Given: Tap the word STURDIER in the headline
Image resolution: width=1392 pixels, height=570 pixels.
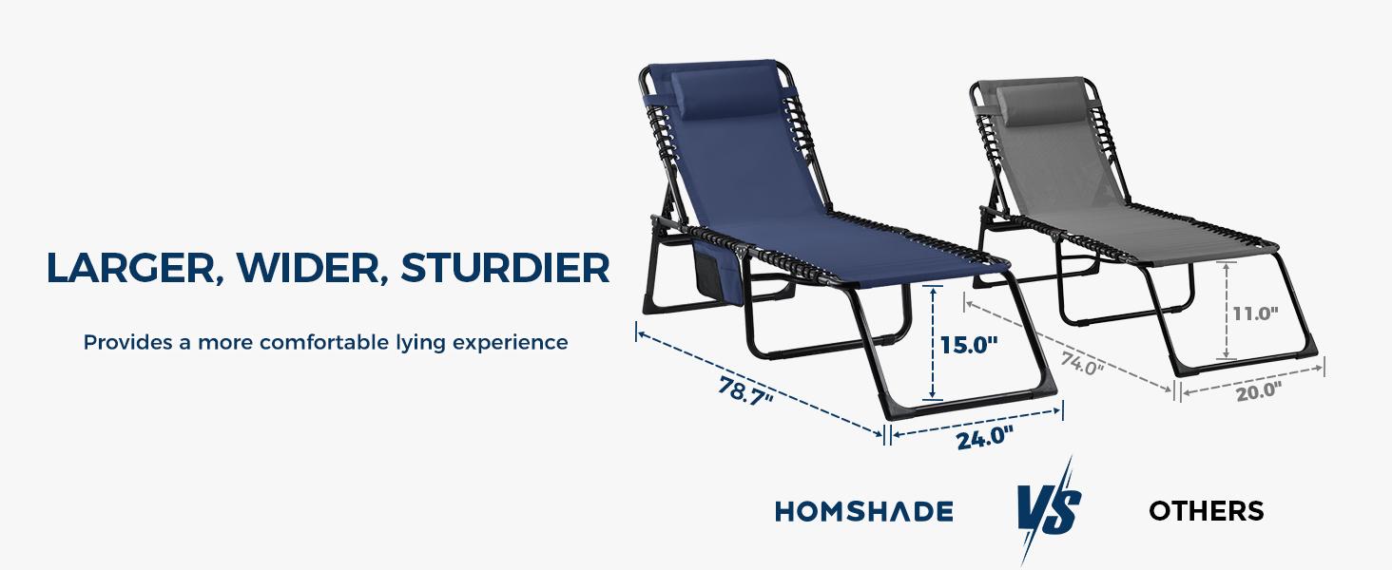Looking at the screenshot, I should tap(505, 269).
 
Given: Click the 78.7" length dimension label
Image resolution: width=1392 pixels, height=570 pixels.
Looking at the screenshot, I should tap(745, 390).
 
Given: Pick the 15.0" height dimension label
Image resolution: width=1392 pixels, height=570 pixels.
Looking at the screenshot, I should tap(969, 345).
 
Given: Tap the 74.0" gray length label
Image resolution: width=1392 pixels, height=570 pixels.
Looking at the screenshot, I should tap(1082, 363).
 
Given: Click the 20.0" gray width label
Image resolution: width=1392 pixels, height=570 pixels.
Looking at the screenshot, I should tap(1259, 390).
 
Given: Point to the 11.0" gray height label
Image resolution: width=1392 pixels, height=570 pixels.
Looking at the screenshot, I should tap(1254, 312).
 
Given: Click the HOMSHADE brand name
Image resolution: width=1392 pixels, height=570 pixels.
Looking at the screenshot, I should tap(863, 512).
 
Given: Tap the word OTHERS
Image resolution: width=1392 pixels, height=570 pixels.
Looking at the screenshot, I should tap(1206, 511).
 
